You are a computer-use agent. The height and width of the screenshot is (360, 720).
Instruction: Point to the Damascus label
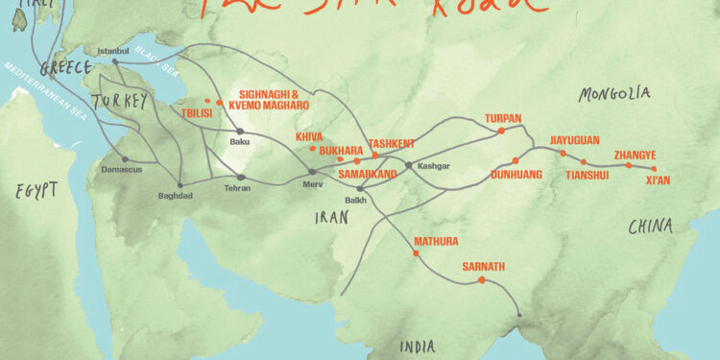click(121, 170)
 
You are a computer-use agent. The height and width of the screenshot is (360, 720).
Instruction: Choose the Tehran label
click(236, 188)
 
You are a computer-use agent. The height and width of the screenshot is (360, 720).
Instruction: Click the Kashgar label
click(433, 166)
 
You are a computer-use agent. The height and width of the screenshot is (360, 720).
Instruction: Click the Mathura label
click(436, 241)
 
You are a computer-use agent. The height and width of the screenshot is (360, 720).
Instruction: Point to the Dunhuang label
click(516, 175)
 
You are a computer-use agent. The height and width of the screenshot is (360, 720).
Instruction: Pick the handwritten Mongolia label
click(614, 94)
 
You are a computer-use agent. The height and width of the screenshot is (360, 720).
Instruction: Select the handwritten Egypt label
click(36, 190)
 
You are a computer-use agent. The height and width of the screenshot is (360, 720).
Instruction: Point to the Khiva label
click(309, 137)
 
